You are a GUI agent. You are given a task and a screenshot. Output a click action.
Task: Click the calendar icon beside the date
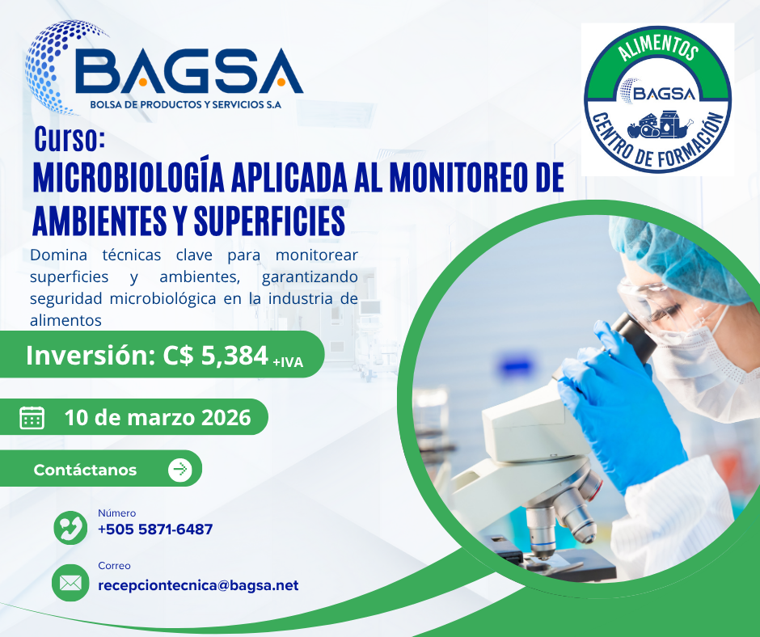[x=32, y=417]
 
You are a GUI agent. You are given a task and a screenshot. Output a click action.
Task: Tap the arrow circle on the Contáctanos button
[x=179, y=470]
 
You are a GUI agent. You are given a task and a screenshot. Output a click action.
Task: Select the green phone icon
[x=71, y=527]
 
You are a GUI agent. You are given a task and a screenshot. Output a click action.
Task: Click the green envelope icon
[x=70, y=583]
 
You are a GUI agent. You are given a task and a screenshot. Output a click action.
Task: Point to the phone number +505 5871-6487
[x=155, y=529]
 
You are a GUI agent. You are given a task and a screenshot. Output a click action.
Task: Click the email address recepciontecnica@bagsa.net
[x=198, y=585]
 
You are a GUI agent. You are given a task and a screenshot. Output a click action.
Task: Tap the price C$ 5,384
[x=215, y=356]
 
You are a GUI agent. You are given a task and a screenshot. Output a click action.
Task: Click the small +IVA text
[x=288, y=362]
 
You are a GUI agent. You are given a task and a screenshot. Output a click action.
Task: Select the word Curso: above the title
[x=70, y=139]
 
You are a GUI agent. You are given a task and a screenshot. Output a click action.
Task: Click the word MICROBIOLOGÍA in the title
[x=129, y=178]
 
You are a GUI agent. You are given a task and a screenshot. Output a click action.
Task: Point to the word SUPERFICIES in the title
[x=269, y=221]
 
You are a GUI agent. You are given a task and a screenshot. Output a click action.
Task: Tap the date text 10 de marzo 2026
[x=158, y=417]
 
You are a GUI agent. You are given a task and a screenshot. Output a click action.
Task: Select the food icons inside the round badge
[x=661, y=124]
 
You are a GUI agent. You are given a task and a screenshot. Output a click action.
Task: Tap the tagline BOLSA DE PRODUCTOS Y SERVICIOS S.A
[x=186, y=105]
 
